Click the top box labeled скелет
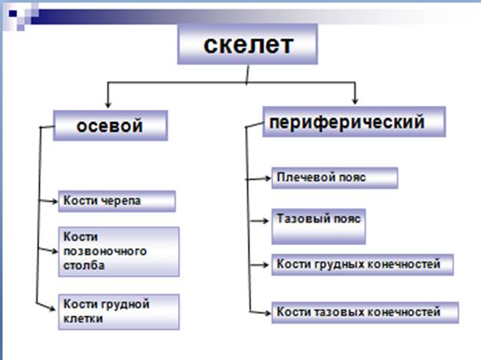[x=247, y=45]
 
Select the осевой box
[x=111, y=126]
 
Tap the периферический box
[x=354, y=121]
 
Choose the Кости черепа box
[x=117, y=201]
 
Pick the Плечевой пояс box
[x=335, y=178]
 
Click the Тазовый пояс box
[x=318, y=226]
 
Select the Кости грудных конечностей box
[x=362, y=265]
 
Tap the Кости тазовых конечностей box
[x=365, y=312]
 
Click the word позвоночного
[x=105, y=252]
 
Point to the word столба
[x=84, y=266]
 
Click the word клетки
[x=83, y=319]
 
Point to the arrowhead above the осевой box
[x=108, y=104]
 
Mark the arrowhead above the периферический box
[x=355, y=101]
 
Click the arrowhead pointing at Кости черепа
[x=55, y=201]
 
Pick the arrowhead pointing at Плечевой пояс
[x=267, y=178]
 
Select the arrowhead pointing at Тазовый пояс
[x=265, y=220]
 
